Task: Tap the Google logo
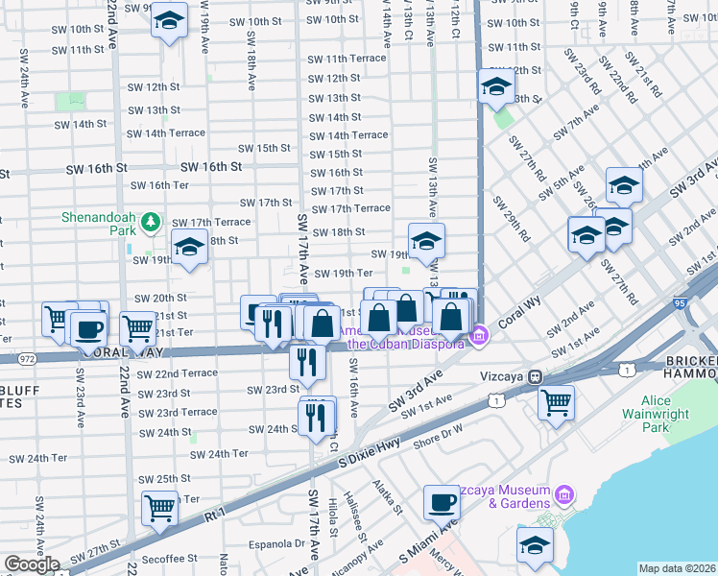[32, 564]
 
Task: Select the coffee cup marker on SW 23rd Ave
[88, 328]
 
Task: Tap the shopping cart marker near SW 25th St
[159, 507]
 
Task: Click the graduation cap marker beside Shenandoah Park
[189, 247]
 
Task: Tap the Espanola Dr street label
[276, 543]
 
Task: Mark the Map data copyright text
[678, 568]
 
